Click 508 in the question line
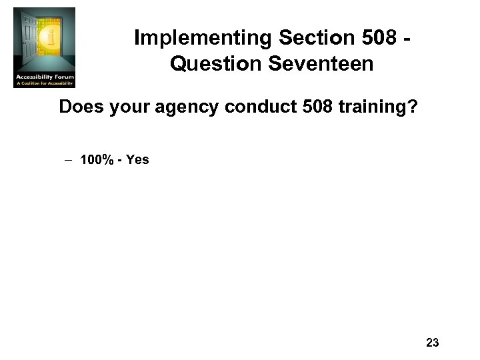299,107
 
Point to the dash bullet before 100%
69,160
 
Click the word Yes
136,160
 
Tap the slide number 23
431,343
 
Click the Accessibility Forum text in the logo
45,77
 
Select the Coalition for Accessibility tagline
45,83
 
